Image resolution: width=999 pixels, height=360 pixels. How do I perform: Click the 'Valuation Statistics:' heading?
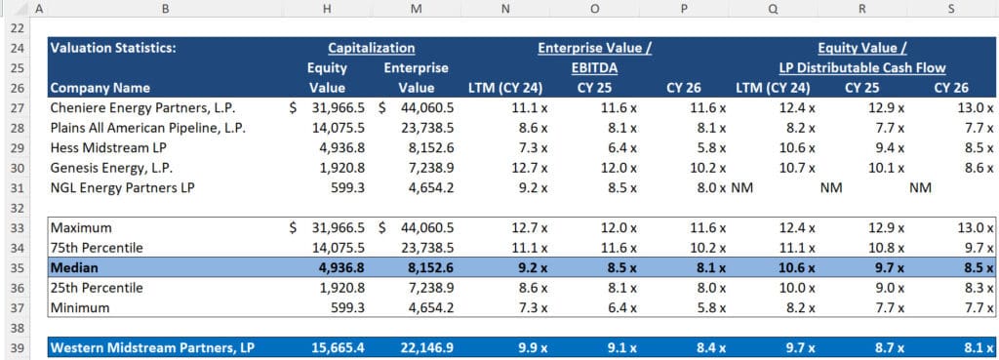[x=108, y=47]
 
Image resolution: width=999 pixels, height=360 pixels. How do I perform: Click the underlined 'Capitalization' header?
[x=371, y=47]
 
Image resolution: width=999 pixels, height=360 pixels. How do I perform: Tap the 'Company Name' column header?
[x=100, y=88]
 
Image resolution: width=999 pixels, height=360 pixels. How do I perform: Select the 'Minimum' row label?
[x=81, y=308]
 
